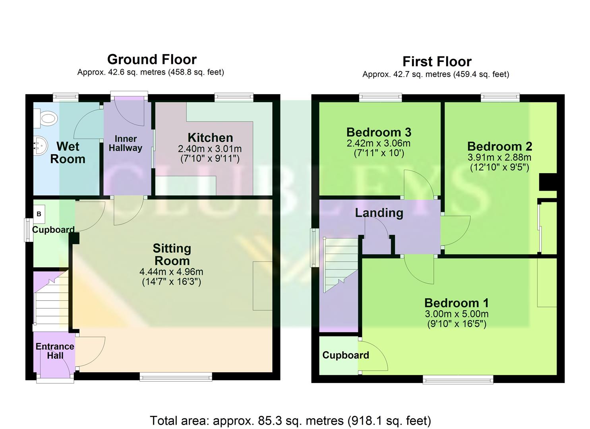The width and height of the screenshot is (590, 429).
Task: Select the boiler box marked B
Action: coord(39,214)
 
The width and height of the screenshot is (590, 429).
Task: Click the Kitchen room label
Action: coord(210,138)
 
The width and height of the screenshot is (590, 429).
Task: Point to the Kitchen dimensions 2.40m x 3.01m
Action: coord(209,149)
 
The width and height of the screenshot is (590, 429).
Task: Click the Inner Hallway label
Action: coord(126,143)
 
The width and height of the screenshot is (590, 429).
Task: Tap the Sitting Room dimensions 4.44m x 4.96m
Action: coord(171,272)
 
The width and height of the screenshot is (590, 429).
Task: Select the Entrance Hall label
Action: coord(55,351)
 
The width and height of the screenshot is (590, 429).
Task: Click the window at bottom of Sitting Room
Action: coord(176,377)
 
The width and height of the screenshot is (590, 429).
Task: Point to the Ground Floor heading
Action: coord(152,60)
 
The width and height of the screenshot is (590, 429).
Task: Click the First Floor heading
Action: coord(437,62)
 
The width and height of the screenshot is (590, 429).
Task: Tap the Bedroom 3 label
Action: coord(379,132)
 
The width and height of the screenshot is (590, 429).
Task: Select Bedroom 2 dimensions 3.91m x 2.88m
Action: coord(499,157)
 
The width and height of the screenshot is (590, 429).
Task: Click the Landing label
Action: coord(379,213)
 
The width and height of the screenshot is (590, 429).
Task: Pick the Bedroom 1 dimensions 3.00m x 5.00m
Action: coord(457,314)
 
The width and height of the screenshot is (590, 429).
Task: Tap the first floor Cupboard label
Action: coord(345,355)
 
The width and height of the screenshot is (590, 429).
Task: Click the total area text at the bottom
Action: coord(290,420)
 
